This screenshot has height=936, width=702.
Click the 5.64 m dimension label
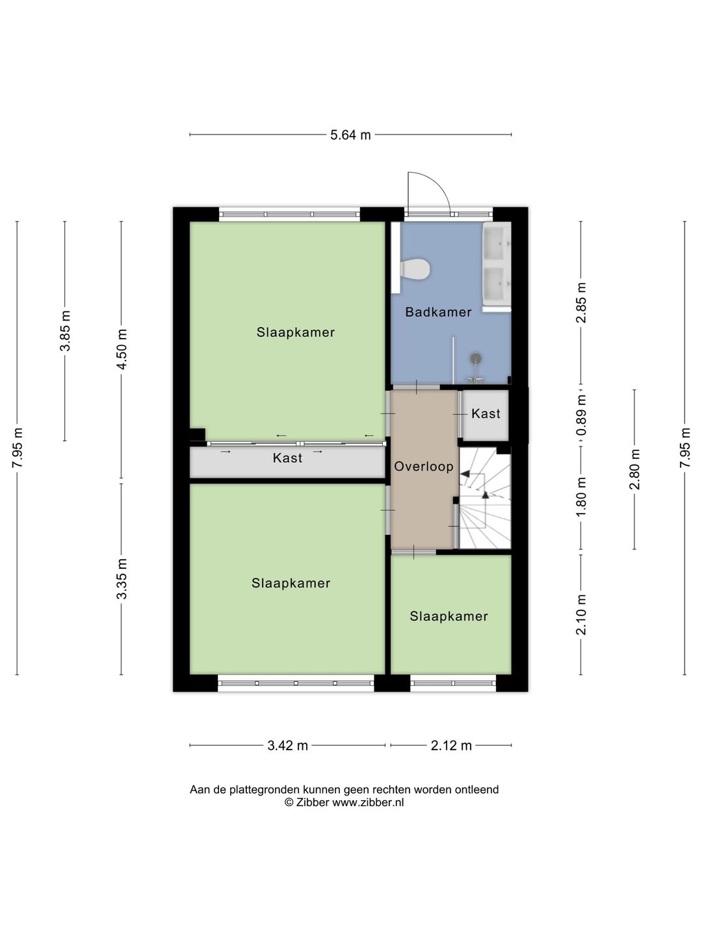[350, 135]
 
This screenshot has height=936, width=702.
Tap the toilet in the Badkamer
[415, 270]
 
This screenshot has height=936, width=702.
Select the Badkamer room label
[438, 312]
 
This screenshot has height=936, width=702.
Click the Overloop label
[424, 467]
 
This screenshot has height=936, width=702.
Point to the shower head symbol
[476, 357]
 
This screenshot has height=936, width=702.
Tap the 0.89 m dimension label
[581, 415]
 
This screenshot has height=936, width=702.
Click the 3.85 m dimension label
[65, 331]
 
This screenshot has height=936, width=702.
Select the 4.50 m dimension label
[122, 350]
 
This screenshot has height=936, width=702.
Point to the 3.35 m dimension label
[122, 578]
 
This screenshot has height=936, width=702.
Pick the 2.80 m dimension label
[635, 469]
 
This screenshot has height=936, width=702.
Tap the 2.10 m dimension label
[581, 614]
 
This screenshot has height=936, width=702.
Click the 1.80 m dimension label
[581, 496]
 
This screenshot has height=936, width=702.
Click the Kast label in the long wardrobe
[287, 458]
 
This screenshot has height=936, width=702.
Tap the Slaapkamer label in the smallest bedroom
[448, 616]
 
